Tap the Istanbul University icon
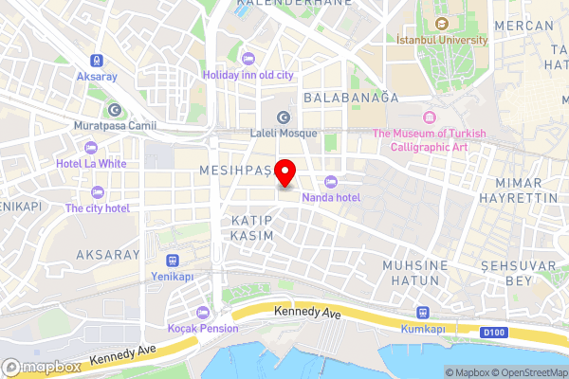coord(441,24)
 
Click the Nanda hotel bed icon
coord(330,181)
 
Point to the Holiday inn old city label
coord(248,75)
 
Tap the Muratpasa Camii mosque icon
coord(114,109)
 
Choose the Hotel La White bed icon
coord(91,147)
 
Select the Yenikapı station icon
coord(172,260)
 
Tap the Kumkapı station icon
coord(424,314)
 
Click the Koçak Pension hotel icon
coord(201,313)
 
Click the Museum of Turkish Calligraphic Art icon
coord(429,117)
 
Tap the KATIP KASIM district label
coord(252,226)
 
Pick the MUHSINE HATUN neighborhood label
coord(413,273)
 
